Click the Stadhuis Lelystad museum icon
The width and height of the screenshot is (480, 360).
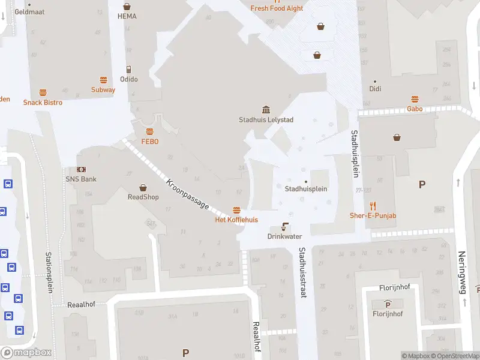point(266,109)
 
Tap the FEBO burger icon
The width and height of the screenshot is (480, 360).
point(149,131)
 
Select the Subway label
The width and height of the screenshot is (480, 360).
point(103,90)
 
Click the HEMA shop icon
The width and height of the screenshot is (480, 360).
point(127,6)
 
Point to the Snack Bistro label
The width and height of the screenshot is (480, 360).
point(43,103)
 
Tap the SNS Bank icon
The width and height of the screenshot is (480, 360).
point(81,170)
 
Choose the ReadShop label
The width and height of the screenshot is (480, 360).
point(143,197)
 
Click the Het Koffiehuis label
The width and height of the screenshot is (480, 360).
point(236,220)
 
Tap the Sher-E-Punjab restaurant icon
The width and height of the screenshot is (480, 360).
point(373,205)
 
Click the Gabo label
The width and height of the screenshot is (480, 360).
point(415,109)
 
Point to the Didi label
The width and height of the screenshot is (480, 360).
point(375,89)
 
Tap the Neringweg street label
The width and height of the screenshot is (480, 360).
point(462,272)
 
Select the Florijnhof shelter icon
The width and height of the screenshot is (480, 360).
point(388,304)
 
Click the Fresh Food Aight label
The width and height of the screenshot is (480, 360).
point(277,8)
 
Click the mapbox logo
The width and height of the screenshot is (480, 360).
point(26,353)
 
